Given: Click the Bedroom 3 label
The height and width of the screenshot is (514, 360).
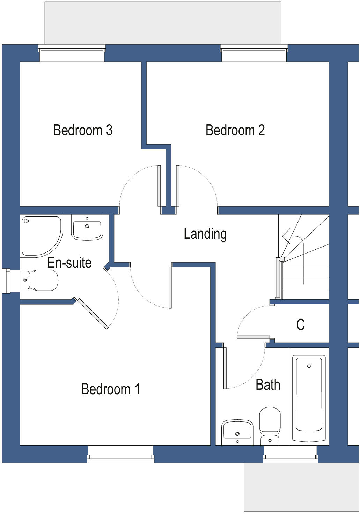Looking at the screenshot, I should pos(83,130).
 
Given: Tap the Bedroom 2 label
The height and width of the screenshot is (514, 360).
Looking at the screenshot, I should pos(235,130).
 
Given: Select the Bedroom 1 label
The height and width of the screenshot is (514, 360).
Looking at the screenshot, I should pos(110,389).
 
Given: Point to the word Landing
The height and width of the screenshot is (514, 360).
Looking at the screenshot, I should pos(205,234).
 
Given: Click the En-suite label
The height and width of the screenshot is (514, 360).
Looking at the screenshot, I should pos(69,263).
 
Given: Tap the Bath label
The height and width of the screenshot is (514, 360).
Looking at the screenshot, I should pos(268,385).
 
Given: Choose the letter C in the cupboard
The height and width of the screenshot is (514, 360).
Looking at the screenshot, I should pos(300,325).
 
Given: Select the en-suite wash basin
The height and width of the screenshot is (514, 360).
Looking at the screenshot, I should pos(87,227).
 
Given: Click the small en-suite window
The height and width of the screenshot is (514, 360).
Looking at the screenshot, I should pos(6,281).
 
